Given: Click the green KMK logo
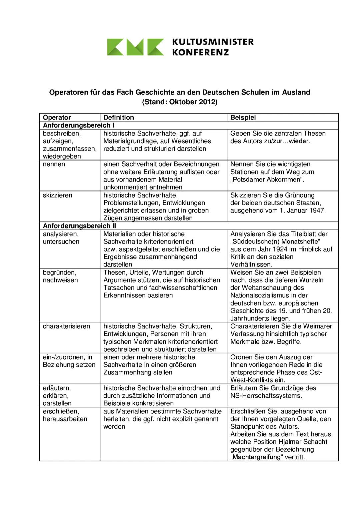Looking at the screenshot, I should pos(135,47).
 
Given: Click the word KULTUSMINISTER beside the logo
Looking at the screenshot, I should pos(213,42).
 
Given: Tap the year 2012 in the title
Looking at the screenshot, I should pos(207,102).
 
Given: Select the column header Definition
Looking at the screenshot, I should pos(119,118).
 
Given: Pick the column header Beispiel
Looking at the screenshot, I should pos(243,118).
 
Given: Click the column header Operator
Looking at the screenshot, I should pos(57,118).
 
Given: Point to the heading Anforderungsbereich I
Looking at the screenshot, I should pos(79,126).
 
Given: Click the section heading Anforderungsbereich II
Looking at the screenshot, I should pos(79,226).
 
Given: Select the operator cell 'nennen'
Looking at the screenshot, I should pos(54,164).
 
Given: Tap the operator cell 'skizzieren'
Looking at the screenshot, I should pos(57,195).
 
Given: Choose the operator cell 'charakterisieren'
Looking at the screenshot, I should pos(66,326).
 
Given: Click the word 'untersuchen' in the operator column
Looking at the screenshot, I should pos(61,242).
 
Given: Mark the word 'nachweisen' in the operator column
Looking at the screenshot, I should pos(60,280).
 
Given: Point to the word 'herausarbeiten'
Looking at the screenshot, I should pos(65,419).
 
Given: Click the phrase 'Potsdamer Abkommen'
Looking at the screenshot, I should pos(267,180).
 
